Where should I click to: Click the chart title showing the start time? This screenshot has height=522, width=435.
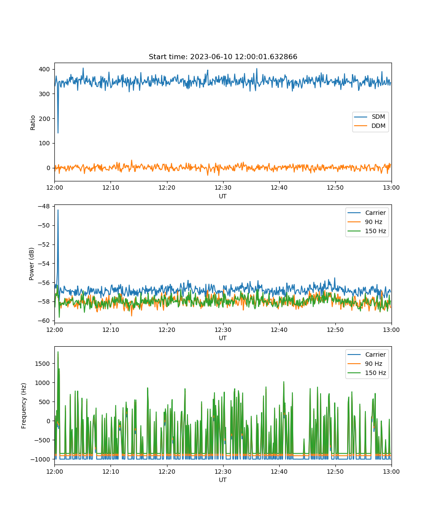(x=223, y=57)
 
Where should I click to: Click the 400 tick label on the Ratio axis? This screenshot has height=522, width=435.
(x=44, y=69)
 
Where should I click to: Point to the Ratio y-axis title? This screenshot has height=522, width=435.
(x=33, y=123)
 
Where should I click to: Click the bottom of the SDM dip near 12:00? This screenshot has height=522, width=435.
(x=58, y=133)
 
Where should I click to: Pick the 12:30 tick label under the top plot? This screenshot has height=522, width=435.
(x=223, y=187)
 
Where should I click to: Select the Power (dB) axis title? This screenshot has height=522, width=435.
(x=31, y=264)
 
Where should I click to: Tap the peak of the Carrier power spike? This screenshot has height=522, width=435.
(x=58, y=210)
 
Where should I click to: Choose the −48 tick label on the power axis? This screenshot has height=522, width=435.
(x=44, y=206)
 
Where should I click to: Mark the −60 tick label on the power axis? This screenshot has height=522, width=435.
(x=44, y=321)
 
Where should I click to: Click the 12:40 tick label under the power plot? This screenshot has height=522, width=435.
(x=279, y=330)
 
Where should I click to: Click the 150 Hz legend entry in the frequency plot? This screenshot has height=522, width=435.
(x=367, y=373)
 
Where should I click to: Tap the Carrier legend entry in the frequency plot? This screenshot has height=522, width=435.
(x=367, y=355)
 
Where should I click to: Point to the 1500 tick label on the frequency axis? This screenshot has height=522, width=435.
(x=42, y=364)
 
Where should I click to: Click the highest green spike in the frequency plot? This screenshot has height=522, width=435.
(x=58, y=352)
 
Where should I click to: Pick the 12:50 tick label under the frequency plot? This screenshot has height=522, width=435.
(x=335, y=472)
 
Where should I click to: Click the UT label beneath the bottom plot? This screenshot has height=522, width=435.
(x=222, y=480)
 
